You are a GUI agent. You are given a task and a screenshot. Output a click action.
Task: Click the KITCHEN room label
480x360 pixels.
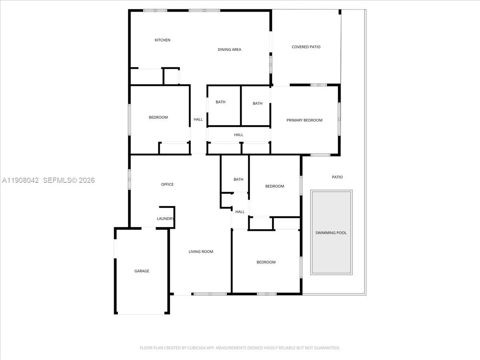pyautogui.click(x=162, y=40)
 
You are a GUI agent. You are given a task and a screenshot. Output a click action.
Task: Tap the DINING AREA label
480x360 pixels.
pyautogui.click(x=229, y=50)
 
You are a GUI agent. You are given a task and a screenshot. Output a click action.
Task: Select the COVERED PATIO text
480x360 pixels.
pyautogui.click(x=306, y=47)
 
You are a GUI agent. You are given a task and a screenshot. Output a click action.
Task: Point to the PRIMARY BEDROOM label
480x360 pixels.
pyautogui.click(x=304, y=120)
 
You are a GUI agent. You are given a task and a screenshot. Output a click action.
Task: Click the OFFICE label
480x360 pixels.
pyautogui.click(x=167, y=184)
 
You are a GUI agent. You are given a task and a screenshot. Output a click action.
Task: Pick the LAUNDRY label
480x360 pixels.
pyautogui.click(x=165, y=219)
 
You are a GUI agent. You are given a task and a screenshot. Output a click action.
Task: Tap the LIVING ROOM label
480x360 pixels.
pyautogui.click(x=201, y=252)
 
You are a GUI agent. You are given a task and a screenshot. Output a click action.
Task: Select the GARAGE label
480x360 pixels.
pyautogui.click(x=142, y=271)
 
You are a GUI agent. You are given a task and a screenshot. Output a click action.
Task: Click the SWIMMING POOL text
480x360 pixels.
pyautogui.click(x=331, y=233)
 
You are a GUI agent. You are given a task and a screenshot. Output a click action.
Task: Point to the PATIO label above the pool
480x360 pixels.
pyautogui.click(x=337, y=177)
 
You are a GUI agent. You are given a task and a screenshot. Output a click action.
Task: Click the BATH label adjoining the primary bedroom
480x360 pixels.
pyautogui.click(x=258, y=104)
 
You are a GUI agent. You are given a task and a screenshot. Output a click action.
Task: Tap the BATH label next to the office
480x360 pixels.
pyautogui.click(x=238, y=180)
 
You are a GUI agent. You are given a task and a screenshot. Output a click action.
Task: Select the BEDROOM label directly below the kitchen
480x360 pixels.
pyautogui.click(x=158, y=117)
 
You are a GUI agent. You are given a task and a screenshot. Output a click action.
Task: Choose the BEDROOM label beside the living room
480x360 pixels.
pyautogui.click(x=266, y=262)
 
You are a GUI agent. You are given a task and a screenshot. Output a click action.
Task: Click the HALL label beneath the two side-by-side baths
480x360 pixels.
pyautogui.click(x=239, y=135)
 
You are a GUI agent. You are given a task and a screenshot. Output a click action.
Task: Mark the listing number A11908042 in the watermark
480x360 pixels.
pyautogui.click(x=20, y=180)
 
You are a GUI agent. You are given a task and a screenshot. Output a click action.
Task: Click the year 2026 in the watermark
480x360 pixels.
pyautogui.click(x=87, y=180)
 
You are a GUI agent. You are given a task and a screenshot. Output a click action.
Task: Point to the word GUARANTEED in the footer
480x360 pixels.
pyautogui.click(x=326, y=348)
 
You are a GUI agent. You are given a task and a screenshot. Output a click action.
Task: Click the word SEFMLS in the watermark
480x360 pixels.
pyautogui.click(x=56, y=180)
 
